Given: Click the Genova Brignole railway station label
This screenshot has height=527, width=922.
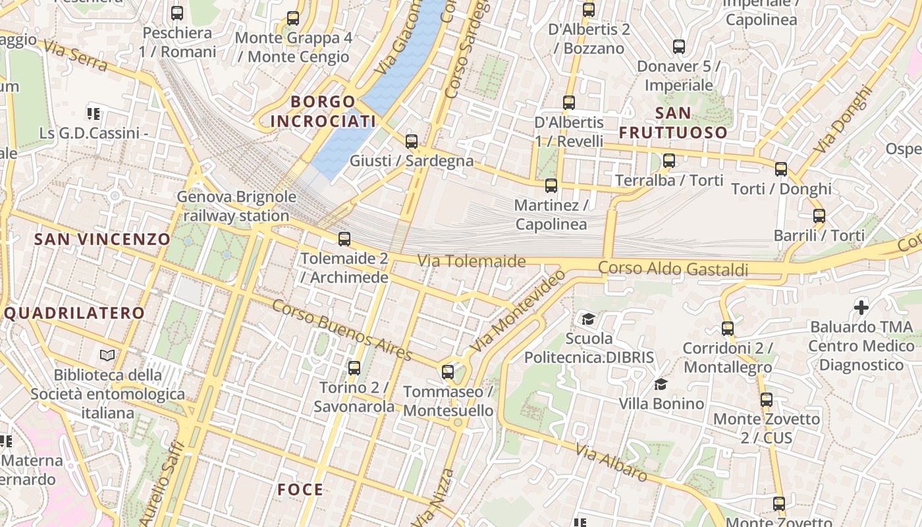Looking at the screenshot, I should [236, 206].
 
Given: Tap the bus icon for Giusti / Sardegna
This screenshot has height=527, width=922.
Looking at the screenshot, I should [412, 141].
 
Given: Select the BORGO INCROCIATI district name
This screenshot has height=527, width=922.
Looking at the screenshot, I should [323, 111].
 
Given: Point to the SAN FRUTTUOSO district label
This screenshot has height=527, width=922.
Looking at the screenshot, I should [673, 123].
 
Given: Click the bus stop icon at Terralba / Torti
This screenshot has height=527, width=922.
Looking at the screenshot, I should [669, 161].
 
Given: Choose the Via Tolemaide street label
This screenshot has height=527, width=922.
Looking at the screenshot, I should [472, 262].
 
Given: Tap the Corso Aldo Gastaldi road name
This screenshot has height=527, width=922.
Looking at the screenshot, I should [673, 269].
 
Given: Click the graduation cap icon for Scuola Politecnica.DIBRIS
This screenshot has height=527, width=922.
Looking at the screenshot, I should [587, 319].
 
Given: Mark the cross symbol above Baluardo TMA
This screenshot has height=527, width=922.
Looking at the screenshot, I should [861, 307].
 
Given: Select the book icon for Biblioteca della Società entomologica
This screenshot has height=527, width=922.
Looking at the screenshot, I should [107, 355].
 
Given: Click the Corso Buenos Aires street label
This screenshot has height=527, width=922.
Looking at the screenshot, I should [342, 329].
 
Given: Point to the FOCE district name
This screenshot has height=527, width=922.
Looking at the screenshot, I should [300, 489].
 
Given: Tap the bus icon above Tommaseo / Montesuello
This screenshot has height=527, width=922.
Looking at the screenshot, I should [448, 372].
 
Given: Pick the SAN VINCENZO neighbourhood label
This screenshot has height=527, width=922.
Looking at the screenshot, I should [102, 239].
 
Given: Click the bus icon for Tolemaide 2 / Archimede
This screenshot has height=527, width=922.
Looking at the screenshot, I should [344, 239].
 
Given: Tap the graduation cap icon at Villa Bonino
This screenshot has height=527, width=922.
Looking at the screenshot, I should [661, 384].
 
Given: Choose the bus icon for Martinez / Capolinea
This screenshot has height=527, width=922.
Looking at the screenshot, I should [551, 186].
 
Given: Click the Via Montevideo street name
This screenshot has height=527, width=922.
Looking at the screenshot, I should [518, 310].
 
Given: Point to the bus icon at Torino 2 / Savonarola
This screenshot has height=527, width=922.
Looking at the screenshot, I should [354, 368].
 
